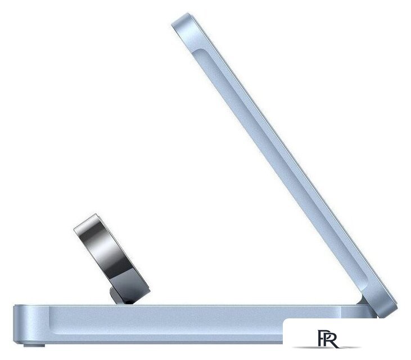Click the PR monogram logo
328,339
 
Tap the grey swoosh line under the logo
327,348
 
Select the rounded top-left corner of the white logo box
285,321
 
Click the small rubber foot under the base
34,345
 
